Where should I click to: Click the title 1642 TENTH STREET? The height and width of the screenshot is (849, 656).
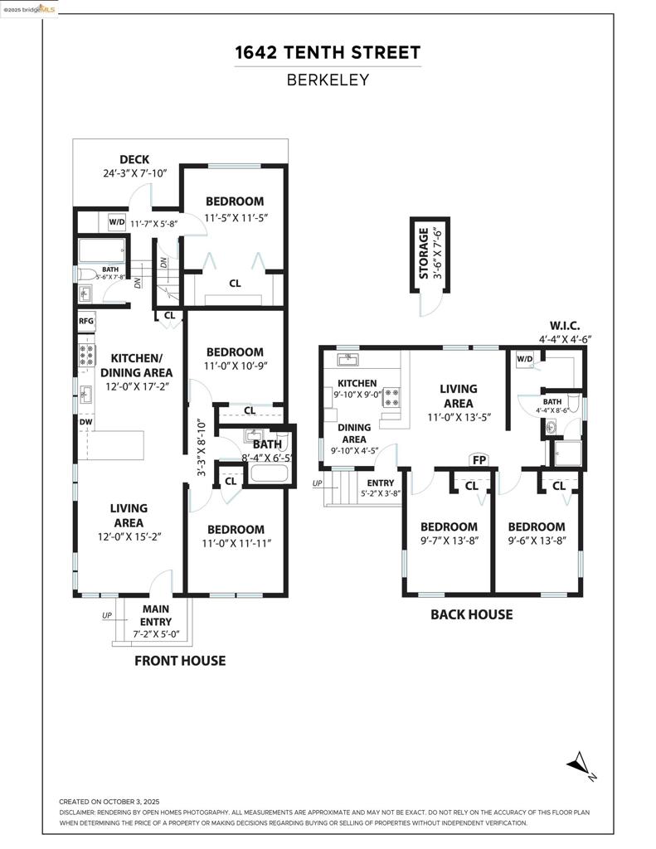(328, 53)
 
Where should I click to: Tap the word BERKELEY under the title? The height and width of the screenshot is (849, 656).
(328, 80)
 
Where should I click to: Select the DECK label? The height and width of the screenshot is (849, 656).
(134, 160)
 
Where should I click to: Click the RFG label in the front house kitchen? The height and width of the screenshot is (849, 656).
(86, 321)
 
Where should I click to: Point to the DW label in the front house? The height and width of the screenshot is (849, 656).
(86, 421)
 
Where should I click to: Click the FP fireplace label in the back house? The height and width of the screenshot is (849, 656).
(479, 460)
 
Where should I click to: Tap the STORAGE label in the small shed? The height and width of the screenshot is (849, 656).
(424, 254)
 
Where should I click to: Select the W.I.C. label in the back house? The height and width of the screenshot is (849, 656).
(565, 325)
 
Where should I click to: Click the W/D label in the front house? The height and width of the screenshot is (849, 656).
(116, 222)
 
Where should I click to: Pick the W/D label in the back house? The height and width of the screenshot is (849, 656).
(524, 359)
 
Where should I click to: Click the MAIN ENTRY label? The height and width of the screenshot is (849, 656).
(156, 615)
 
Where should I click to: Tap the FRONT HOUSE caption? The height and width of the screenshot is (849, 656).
(180, 661)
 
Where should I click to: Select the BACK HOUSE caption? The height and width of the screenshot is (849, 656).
(471, 614)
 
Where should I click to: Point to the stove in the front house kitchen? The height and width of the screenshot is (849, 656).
(87, 356)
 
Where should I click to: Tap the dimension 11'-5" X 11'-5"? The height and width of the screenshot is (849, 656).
(235, 218)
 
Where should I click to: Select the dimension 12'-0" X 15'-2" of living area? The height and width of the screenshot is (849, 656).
(129, 536)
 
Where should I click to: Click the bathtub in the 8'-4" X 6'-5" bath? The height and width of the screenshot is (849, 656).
(268, 474)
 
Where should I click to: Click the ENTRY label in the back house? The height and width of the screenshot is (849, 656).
(381, 483)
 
